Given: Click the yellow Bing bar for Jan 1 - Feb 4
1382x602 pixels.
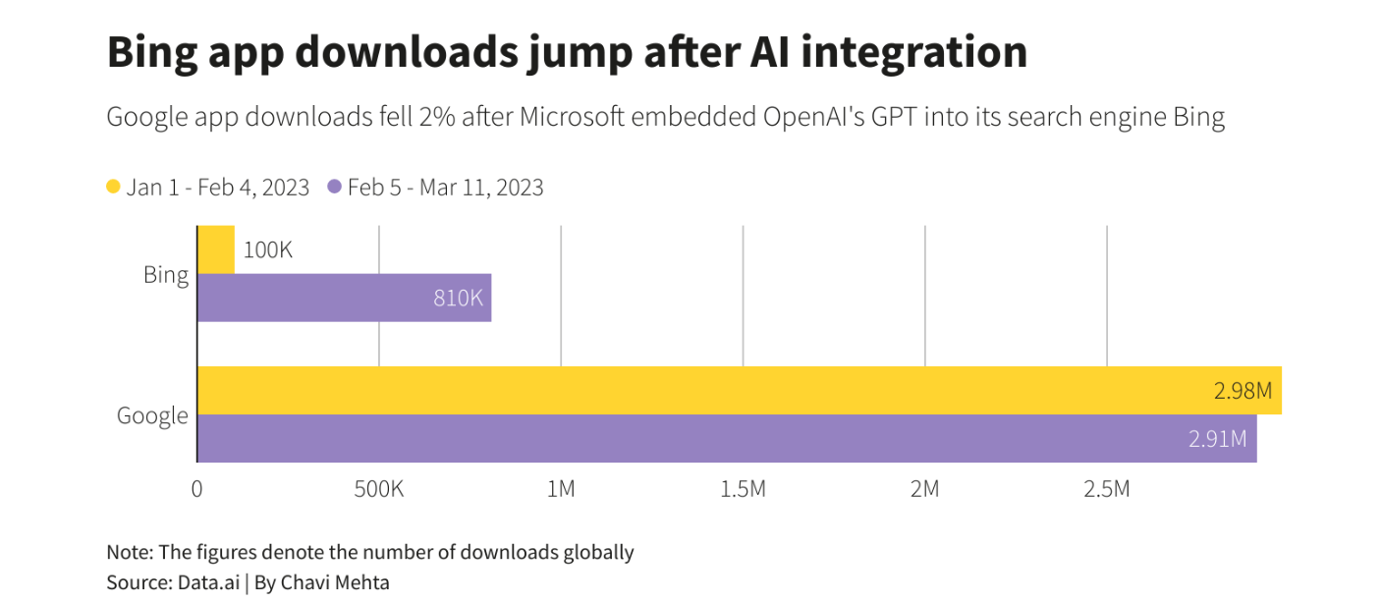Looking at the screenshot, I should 216,249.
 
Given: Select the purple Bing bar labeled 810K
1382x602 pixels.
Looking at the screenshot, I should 344,298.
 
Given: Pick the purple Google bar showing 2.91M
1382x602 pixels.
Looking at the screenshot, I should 727,438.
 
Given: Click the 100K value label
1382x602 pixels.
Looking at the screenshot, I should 268,249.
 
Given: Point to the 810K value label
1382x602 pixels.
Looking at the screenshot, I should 459,298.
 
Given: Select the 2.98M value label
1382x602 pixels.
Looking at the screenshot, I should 1243,391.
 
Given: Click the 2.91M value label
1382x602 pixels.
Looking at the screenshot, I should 1218,439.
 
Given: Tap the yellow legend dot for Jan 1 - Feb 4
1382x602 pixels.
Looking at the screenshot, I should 114,187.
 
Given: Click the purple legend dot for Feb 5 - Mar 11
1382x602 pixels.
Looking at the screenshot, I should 335,187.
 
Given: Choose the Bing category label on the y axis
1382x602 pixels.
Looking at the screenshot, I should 166,274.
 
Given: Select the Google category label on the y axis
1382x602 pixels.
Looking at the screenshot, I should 152,415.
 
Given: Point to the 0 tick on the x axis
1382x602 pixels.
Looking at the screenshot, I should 197,488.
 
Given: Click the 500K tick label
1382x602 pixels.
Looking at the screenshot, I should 379,488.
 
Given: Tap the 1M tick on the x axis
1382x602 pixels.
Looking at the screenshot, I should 561,488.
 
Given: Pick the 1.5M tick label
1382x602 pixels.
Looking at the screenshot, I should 743,488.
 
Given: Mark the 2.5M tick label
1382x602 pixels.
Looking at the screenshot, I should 1107,488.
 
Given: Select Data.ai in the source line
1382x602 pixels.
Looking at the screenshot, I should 208,582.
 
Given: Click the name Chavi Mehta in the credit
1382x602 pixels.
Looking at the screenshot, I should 335,582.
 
